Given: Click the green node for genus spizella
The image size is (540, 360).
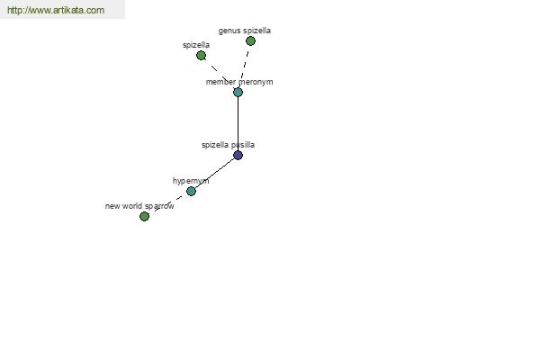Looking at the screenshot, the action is pos(250,41).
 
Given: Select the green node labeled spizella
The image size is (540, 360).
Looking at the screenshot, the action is pos(201,55).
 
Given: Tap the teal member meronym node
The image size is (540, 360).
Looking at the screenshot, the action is pos(238,92).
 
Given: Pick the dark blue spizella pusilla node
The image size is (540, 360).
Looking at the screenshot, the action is pos(238,155).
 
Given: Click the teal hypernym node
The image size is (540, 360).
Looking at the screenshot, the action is pos(191,191).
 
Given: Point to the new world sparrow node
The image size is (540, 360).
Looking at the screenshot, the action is pos(144,216).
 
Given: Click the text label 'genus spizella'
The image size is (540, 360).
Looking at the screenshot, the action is pos(245,31).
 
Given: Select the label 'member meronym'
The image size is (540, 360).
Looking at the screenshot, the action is pos(239,82).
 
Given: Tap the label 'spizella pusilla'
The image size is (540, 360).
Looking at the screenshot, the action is pos(228,145).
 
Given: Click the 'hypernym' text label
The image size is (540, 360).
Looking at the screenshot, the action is pos(191,181).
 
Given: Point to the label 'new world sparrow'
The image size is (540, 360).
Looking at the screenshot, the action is pos(139,206).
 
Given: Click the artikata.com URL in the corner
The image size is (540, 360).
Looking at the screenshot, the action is pos(56,10).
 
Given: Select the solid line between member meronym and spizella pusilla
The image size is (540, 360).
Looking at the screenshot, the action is pos(238,123).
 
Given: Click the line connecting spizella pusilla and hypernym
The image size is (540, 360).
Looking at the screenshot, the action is pos(214,173).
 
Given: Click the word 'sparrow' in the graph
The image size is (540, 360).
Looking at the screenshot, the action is pos(159,206).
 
